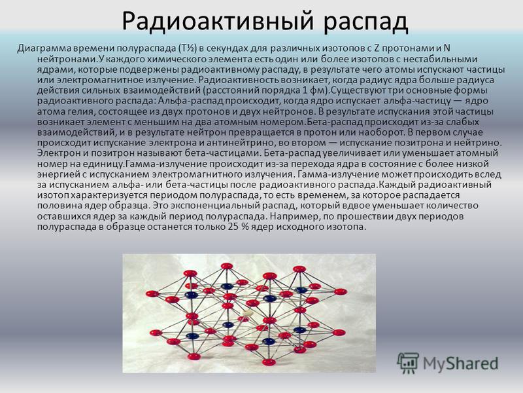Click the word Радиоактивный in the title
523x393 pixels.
click(x=218, y=21)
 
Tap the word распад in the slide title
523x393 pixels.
click(x=366, y=23)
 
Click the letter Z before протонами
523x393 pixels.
click(x=377, y=48)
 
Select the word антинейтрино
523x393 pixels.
click(x=241, y=143)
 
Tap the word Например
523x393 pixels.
click(x=293, y=216)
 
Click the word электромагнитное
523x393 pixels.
click(x=103, y=80)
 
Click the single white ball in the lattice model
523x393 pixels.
click(x=248, y=314)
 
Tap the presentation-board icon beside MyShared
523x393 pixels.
click(x=407, y=363)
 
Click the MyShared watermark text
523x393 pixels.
click(x=461, y=364)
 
